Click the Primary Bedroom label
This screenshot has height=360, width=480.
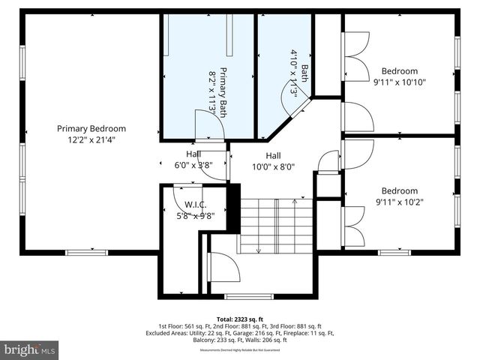[x=91, y=128]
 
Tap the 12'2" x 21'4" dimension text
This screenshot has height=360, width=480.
[x=91, y=139]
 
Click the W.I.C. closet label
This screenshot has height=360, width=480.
[x=195, y=205]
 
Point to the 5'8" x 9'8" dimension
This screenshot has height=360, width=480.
[x=195, y=215]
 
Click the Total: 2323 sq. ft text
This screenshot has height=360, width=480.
[x=239, y=319]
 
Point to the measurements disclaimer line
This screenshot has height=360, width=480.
[x=239, y=349]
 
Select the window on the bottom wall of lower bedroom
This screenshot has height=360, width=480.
[x=394, y=252]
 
